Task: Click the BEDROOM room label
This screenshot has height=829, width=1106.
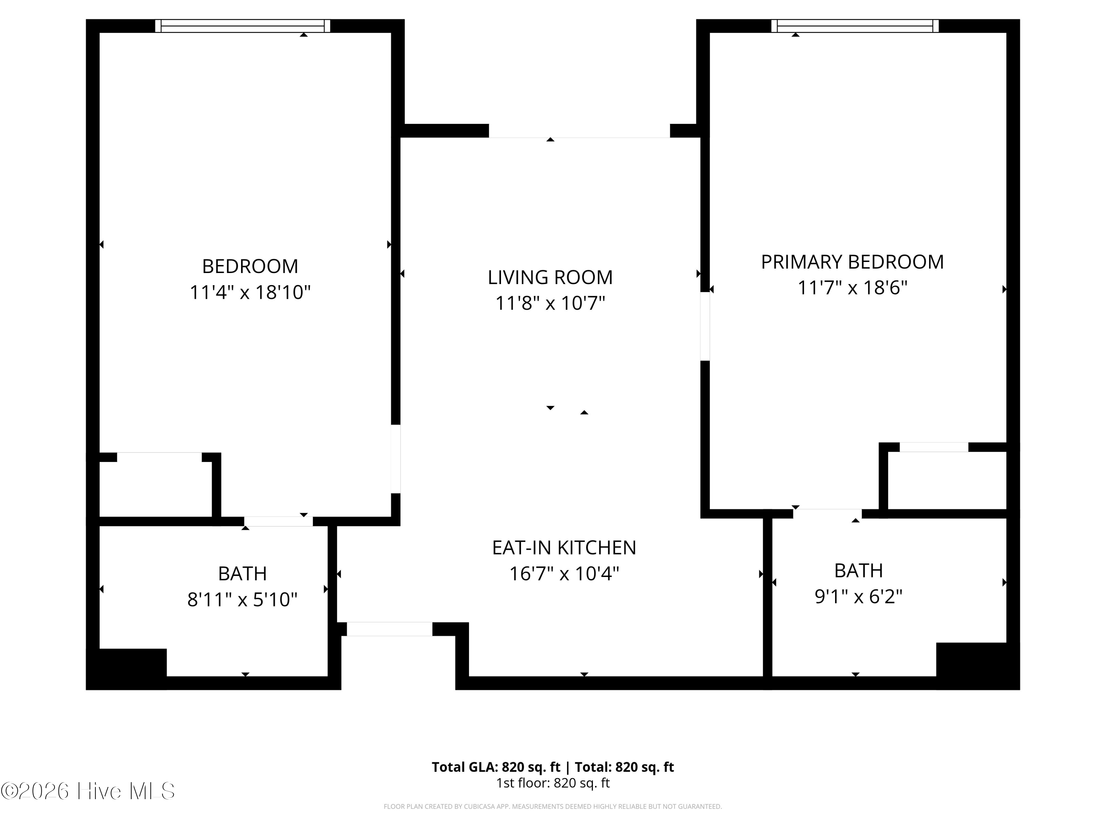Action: point(250,266)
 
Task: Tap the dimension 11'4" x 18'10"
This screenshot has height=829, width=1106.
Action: point(250,292)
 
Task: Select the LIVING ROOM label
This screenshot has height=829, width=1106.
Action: point(550,277)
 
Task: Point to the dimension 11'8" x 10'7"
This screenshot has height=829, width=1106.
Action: point(550,303)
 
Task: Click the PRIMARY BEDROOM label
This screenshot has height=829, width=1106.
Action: point(852,262)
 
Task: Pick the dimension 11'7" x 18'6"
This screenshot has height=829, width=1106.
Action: point(852,288)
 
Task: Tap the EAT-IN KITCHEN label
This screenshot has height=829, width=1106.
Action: point(564,548)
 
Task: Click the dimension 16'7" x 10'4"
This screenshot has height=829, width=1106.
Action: point(564,574)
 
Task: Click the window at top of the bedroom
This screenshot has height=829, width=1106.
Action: point(243,26)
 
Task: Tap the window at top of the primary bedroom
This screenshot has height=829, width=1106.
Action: point(855,26)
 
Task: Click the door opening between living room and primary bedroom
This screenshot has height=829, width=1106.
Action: point(705,326)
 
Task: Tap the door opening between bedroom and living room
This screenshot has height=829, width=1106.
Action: point(396,459)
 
